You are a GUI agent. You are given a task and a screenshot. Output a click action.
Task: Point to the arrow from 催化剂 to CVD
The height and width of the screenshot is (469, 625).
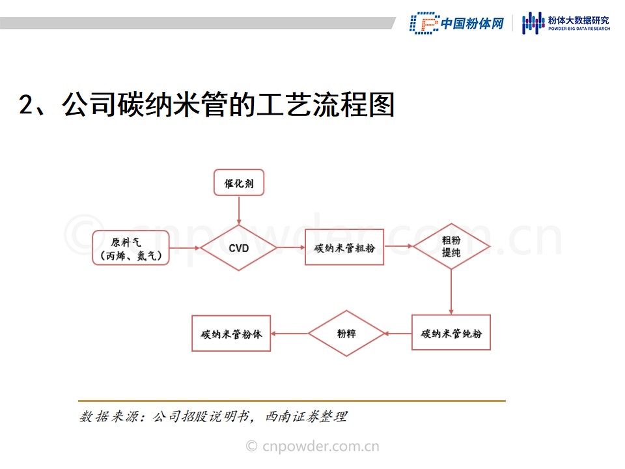point(239,210)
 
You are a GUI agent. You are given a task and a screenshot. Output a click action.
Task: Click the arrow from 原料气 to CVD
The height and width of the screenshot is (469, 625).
point(184,248)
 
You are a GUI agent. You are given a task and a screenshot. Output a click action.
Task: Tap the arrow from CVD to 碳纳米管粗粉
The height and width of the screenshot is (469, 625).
point(291,248)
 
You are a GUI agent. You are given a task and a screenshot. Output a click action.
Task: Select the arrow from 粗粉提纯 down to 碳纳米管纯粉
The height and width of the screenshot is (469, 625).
point(451,292)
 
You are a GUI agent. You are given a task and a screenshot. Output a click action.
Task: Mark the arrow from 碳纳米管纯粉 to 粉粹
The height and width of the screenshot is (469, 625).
point(398,333)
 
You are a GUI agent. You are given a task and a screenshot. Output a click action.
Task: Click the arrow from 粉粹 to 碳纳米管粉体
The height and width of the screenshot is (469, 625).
point(290,334)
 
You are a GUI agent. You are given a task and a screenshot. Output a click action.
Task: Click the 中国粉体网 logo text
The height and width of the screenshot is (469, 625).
point(473,23)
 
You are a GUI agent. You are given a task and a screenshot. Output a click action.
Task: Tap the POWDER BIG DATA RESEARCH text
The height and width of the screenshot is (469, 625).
point(579,29)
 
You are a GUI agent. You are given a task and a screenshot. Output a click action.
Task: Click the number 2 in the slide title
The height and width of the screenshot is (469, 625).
point(27,105)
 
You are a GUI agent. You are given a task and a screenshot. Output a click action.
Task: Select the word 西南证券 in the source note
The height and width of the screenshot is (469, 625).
point(292,417)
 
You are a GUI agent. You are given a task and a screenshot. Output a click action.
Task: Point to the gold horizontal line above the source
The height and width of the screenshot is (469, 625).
point(292,401)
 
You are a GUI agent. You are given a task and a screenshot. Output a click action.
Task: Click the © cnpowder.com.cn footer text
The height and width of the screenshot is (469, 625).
point(312,446)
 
